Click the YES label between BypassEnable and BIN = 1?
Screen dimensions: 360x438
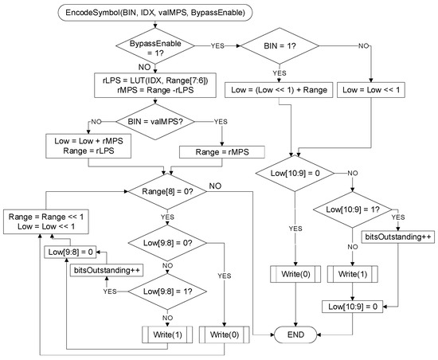click(217, 46)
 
